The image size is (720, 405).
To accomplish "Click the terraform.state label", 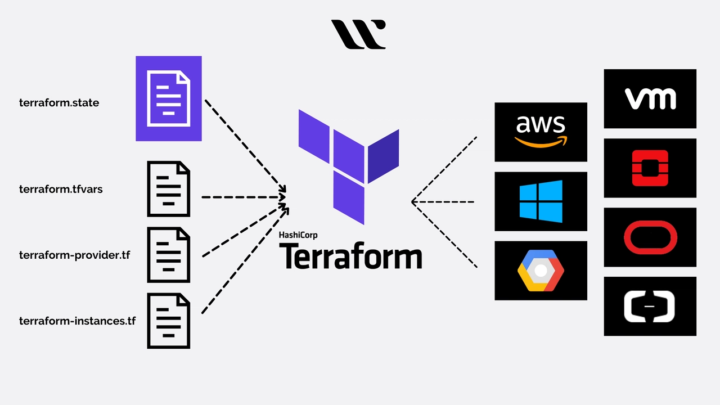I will [x=59, y=103].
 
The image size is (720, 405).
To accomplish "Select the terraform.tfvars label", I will [x=61, y=190].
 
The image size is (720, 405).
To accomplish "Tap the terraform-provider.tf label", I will [x=74, y=255].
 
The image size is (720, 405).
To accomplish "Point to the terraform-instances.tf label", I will [x=77, y=321].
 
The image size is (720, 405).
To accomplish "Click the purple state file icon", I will [x=169, y=98].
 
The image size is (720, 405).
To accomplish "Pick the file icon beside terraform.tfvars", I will [x=169, y=189].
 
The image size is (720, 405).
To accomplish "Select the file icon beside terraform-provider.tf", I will [x=169, y=255].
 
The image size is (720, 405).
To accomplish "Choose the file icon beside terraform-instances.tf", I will [x=169, y=321].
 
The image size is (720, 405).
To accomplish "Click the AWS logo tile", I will [x=541, y=132].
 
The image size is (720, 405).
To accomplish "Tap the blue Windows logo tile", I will [x=541, y=201].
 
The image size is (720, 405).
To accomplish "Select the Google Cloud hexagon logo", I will [x=541, y=271].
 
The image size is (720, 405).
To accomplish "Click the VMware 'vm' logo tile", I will [x=650, y=99].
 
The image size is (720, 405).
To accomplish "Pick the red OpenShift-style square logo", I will [x=650, y=168].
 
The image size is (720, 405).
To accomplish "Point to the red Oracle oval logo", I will [x=650, y=237].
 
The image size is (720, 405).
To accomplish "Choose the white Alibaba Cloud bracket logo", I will [x=650, y=307].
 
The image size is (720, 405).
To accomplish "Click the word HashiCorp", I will [x=298, y=235].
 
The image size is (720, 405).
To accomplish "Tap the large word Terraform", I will [x=350, y=256].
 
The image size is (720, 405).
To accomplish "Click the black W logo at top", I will [x=358, y=34].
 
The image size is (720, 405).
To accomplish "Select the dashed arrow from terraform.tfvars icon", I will [x=242, y=197].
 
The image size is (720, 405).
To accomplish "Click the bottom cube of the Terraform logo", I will [x=349, y=197].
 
